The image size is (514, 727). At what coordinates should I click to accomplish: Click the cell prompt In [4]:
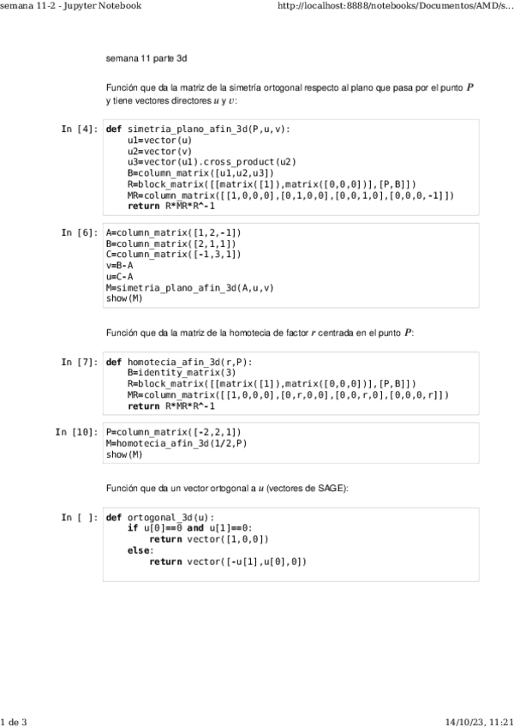point(79,129)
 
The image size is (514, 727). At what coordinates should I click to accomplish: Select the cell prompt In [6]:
point(79,232)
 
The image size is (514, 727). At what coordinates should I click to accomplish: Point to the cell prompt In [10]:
point(75,433)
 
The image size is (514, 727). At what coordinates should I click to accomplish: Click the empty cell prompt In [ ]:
point(79,518)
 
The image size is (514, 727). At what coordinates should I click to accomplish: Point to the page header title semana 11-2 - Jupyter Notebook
point(70,6)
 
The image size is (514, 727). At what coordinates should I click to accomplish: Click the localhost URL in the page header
point(397,6)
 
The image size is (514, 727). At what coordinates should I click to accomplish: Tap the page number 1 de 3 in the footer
point(15,721)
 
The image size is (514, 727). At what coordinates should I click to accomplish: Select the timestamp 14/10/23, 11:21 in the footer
point(479,721)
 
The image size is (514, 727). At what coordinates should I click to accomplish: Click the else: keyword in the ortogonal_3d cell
point(138,550)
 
